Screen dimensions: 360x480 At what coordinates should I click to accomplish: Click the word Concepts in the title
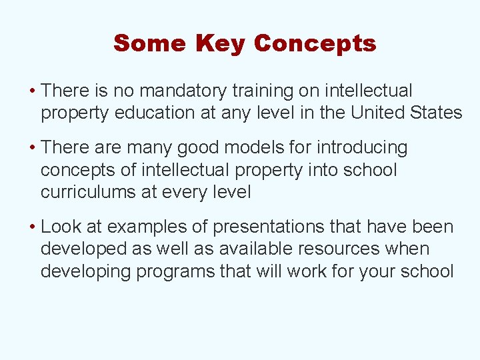click(315, 44)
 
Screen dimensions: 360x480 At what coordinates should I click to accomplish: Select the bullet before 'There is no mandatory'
click(33, 91)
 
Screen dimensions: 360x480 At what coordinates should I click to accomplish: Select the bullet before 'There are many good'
click(33, 147)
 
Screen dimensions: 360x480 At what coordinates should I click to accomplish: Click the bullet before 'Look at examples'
click(33, 227)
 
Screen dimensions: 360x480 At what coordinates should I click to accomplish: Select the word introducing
click(362, 147)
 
